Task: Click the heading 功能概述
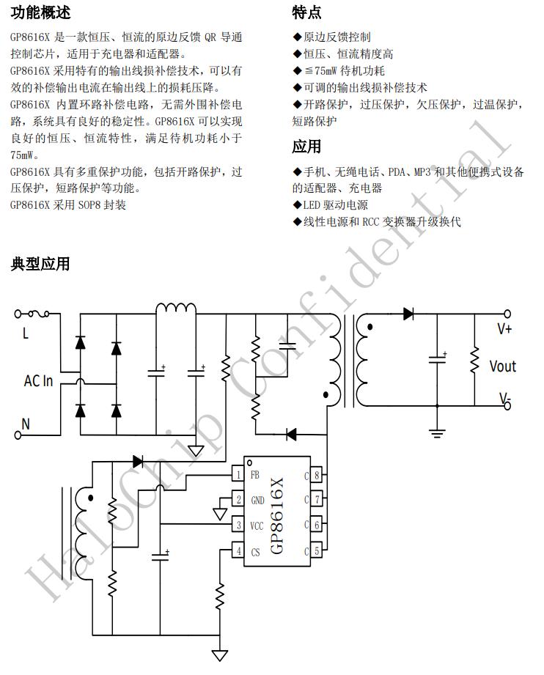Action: [x=40, y=12]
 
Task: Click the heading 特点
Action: [x=306, y=12]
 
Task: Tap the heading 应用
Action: [x=306, y=147]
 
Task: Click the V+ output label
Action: [x=504, y=329]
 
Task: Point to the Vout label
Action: [x=502, y=366]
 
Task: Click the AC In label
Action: [x=38, y=381]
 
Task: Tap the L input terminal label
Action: [x=26, y=334]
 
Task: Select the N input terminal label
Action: [x=26, y=424]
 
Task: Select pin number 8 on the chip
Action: [x=316, y=475]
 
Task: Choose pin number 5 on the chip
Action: [x=316, y=551]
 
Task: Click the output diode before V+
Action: [x=408, y=314]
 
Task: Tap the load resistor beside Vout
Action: [x=474, y=360]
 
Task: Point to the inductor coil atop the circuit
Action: [x=176, y=309]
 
